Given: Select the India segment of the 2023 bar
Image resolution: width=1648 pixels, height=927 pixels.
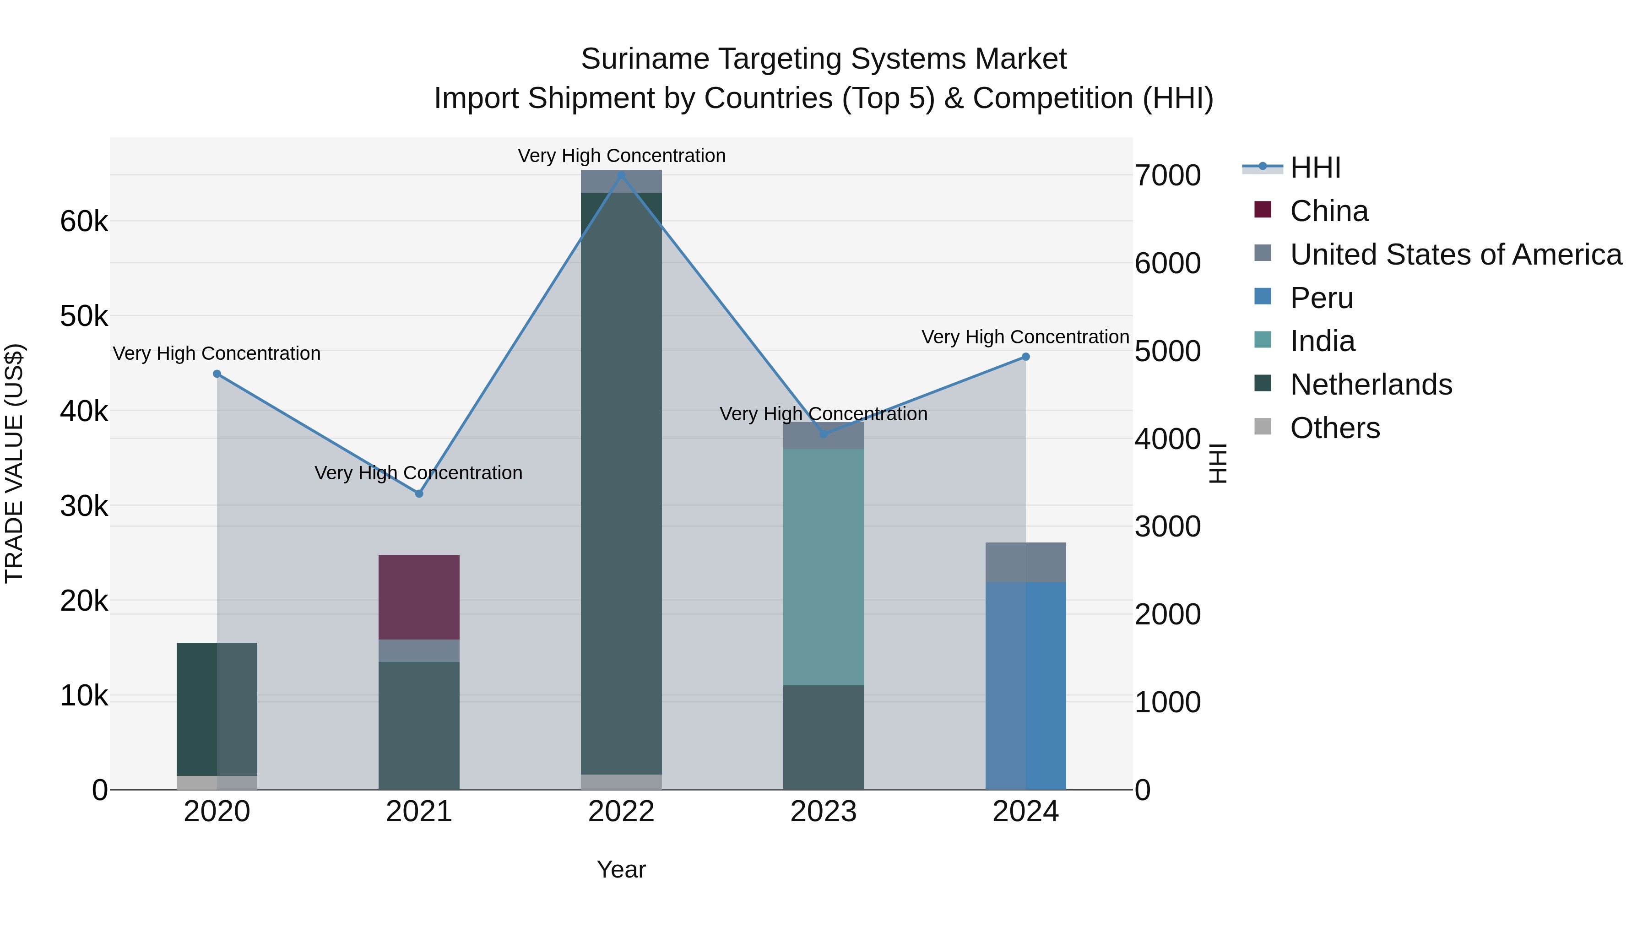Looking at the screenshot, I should (824, 566).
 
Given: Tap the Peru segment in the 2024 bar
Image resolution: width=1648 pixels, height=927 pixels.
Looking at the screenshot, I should (1025, 685).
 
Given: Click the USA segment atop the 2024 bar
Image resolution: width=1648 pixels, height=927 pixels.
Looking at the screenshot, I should (1025, 562).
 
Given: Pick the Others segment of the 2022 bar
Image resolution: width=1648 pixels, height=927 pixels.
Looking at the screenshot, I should (621, 782).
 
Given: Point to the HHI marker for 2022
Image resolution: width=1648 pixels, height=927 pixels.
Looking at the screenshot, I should (621, 175).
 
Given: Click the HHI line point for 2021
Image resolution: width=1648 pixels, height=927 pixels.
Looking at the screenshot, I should (419, 493).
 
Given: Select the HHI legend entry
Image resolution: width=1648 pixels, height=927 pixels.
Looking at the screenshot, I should (1315, 168).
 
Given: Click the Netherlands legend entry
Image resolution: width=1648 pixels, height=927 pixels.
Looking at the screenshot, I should (1370, 385).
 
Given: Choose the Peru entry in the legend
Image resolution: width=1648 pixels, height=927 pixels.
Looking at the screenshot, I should (1321, 298).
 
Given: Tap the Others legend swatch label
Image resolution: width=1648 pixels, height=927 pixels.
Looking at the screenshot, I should (1334, 428).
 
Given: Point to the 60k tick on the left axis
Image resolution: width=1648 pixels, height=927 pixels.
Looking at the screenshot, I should (84, 222).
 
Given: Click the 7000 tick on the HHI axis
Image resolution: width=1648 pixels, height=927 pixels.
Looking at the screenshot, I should (1167, 176).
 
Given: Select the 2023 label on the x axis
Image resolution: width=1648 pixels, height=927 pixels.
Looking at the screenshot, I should (824, 812).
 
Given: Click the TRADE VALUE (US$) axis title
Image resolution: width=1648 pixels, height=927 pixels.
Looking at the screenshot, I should (14, 463).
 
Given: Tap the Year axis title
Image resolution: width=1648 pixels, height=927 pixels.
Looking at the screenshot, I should (621, 869).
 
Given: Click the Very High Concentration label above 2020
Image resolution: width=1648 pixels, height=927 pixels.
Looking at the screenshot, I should (217, 353).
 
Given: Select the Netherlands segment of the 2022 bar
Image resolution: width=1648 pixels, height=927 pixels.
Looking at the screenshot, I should (621, 480).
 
